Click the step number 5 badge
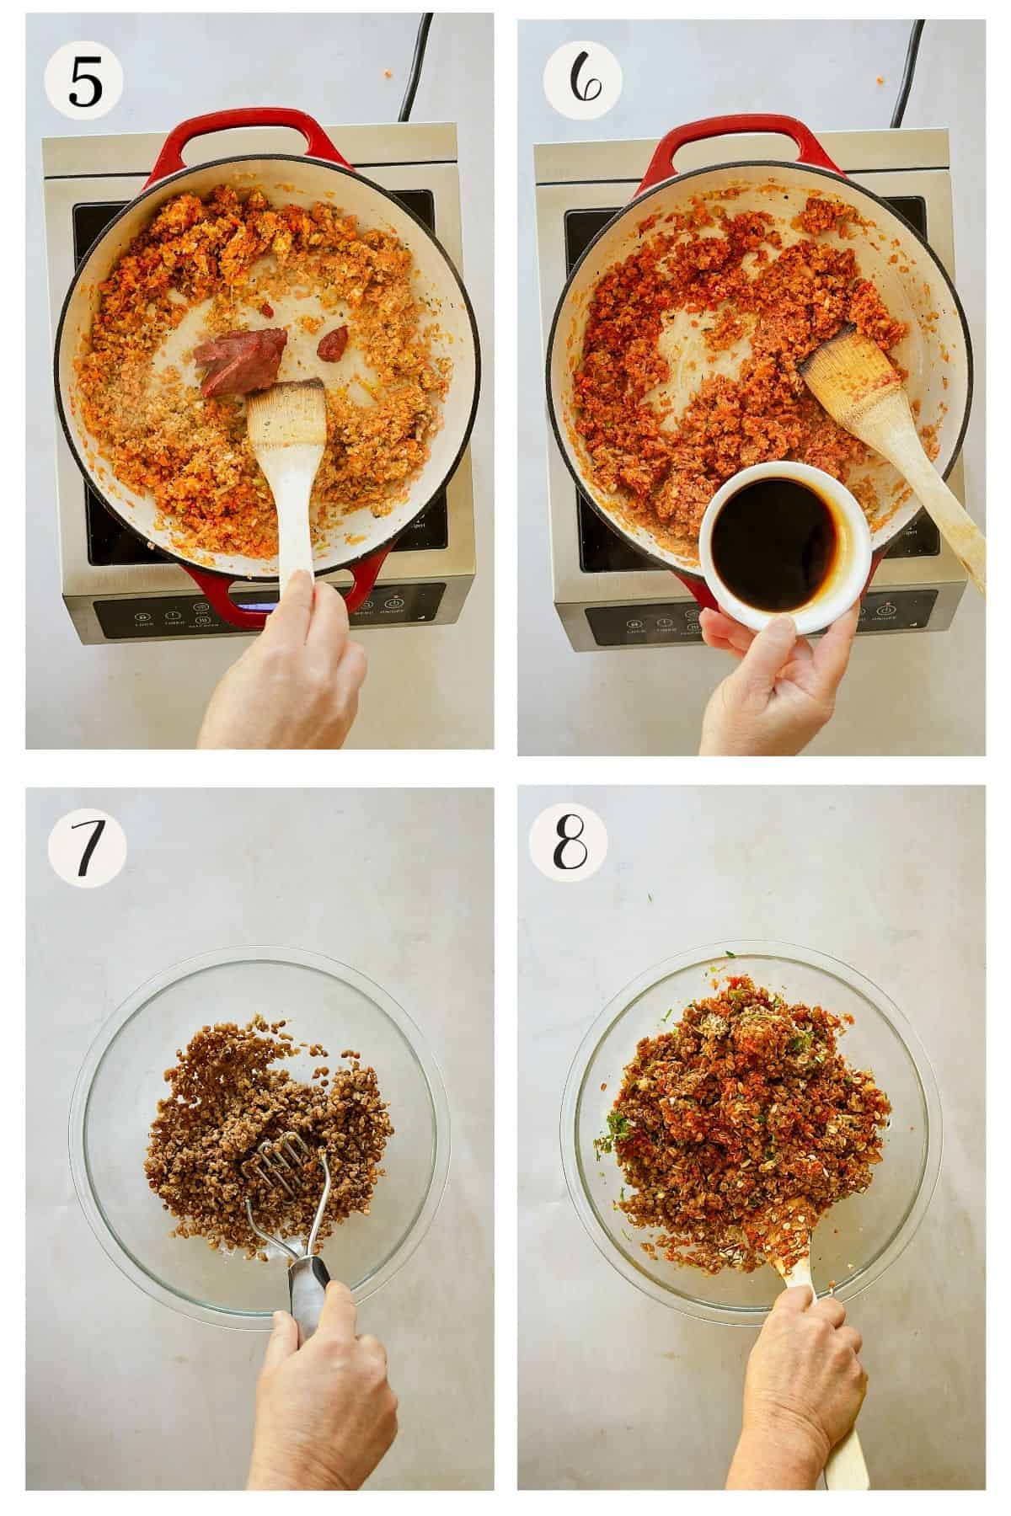(83, 83)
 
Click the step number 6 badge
(582, 83)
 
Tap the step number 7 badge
(87, 843)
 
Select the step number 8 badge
(582, 843)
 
